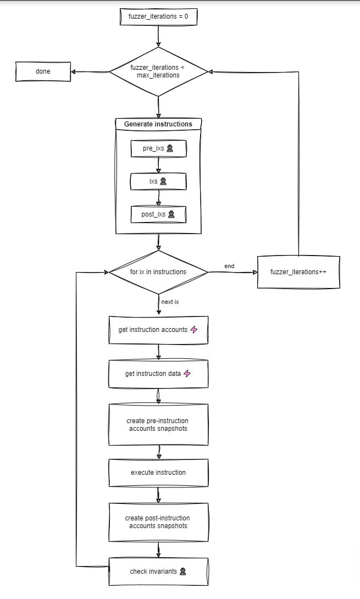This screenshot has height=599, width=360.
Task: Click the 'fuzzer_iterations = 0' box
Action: [x=159, y=16]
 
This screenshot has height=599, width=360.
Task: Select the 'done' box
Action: [x=43, y=71]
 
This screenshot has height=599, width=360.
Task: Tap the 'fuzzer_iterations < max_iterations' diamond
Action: [x=159, y=71]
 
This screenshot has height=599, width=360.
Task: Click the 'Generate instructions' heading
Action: [x=158, y=124]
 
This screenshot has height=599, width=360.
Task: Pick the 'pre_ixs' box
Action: [x=159, y=148]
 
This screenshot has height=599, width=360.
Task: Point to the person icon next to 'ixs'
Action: [x=163, y=181]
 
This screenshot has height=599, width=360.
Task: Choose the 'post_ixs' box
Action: [x=159, y=214]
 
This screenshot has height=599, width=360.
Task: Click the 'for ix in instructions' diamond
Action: [x=159, y=272]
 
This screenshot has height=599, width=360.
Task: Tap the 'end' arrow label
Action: [x=229, y=266]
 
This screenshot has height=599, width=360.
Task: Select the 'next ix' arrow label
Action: [x=170, y=302]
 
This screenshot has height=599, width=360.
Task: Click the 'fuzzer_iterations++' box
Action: [x=298, y=272]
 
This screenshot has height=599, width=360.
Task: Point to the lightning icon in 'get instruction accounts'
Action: [x=194, y=329]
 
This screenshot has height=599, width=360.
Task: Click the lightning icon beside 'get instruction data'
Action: [x=187, y=374]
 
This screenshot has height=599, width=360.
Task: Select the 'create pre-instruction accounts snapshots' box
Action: [x=159, y=424]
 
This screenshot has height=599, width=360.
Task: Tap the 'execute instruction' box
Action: [x=159, y=473]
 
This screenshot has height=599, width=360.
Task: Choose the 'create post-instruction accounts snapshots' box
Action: [x=159, y=522]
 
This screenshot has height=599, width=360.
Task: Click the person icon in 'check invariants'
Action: [x=182, y=571]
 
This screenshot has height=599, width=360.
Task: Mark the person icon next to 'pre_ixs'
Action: [x=170, y=148]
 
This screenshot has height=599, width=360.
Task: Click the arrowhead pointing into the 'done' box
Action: [x=74, y=71]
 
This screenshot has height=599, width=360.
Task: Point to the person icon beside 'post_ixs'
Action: [x=171, y=214]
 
